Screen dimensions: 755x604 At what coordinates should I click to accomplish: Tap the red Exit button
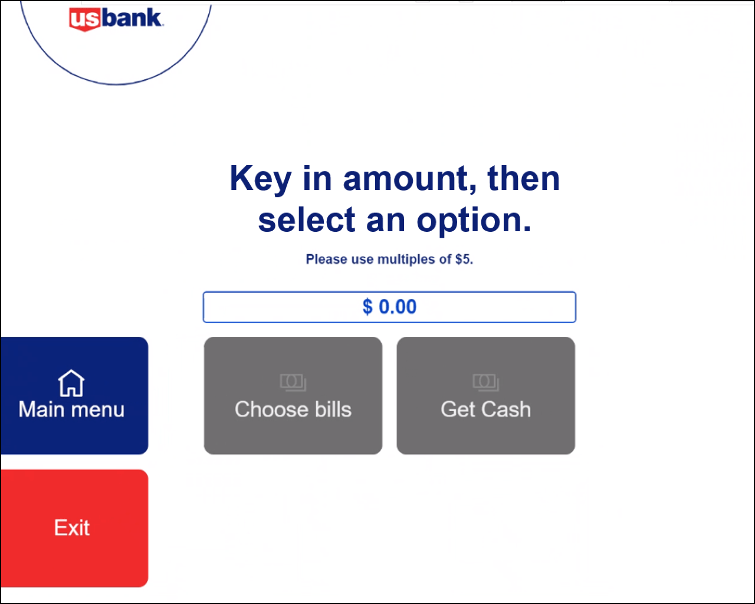point(74,528)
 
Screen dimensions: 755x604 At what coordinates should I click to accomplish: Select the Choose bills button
point(293,396)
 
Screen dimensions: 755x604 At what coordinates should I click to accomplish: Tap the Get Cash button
point(486,396)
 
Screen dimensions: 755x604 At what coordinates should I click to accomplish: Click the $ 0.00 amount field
point(389,307)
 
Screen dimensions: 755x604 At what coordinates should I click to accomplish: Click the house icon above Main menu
point(71,383)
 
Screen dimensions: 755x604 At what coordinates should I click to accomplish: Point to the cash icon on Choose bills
point(293,382)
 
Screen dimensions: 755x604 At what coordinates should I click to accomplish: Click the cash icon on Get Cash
point(486,382)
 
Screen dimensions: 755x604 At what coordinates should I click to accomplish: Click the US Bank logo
point(116,19)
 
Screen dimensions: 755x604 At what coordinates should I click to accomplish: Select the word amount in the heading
point(410,179)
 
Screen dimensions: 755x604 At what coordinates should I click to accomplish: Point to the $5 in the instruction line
point(464,260)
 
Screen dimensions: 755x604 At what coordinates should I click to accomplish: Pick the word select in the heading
point(307,219)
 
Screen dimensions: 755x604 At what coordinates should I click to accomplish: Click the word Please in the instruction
point(327,260)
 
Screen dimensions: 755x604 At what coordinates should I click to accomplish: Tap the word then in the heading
point(523,178)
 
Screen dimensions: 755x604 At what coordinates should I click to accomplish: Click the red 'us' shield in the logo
point(85,19)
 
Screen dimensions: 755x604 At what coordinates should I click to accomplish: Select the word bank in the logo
point(133,18)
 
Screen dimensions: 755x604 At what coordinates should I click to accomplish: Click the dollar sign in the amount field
point(367,307)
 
